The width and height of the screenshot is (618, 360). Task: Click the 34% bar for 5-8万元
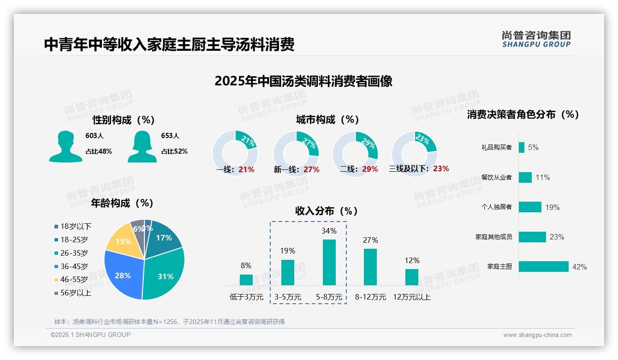tap(329, 262)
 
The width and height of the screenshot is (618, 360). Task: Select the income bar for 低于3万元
tap(246, 280)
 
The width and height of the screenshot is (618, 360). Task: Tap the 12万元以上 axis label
tap(411, 297)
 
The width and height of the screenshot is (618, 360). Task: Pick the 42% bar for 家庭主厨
tap(543, 267)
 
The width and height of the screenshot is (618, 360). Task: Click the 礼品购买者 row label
tap(496, 148)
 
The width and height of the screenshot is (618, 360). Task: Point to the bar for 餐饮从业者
tap(525, 177)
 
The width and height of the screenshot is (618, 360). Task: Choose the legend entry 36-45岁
tap(74, 266)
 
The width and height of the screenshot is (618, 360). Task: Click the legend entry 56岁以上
tap(76, 293)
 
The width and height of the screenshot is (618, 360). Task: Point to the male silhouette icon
tap(65, 146)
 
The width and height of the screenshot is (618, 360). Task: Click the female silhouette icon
tap(142, 146)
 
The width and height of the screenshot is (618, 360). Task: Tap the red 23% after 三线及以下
tap(441, 169)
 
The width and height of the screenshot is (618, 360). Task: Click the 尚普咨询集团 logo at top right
tap(536, 39)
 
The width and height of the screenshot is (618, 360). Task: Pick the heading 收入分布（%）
tap(327, 211)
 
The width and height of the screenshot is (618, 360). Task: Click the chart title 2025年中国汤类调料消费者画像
tap(303, 81)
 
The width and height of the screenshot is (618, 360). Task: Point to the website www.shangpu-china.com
tap(537, 335)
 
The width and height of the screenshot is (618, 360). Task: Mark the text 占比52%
tap(174, 151)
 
